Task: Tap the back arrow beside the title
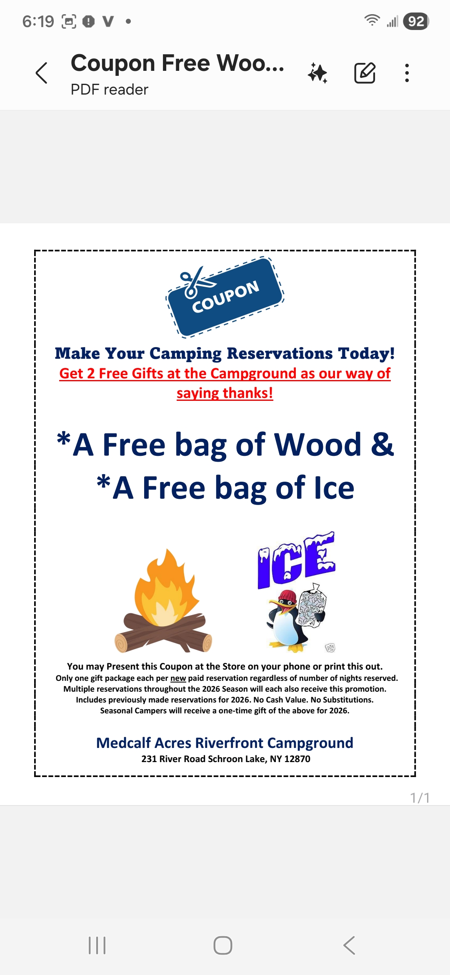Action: (42, 73)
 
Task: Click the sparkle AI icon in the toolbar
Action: (317, 73)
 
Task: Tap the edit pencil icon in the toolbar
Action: (365, 73)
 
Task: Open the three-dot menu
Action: (407, 73)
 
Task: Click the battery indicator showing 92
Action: (416, 21)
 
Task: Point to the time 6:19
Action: (38, 21)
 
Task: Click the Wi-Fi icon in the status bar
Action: (372, 20)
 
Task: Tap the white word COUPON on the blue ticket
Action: (225, 296)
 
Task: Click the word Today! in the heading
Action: (366, 353)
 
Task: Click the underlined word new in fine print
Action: (178, 678)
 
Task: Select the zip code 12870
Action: (297, 759)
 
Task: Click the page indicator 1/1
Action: (420, 797)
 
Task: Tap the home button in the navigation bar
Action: (223, 945)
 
